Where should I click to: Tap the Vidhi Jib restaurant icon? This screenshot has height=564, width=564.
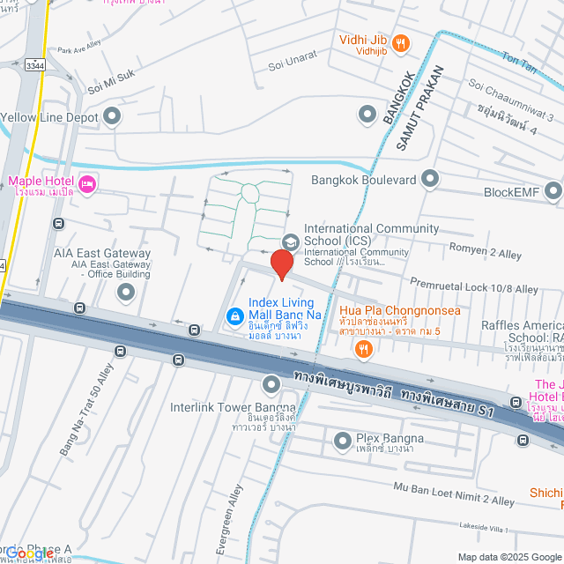pyautogui.click(x=401, y=42)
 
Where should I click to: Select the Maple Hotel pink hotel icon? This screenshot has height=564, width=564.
pyautogui.click(x=87, y=183)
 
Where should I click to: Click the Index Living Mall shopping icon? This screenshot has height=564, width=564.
pyautogui.click(x=234, y=315)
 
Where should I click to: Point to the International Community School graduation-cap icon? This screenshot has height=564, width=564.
pyautogui.click(x=290, y=241)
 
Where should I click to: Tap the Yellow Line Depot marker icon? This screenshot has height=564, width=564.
pyautogui.click(x=112, y=115)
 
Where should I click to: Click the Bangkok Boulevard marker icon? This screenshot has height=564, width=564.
pyautogui.click(x=429, y=180)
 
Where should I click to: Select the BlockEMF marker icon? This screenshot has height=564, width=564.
pyautogui.click(x=553, y=190)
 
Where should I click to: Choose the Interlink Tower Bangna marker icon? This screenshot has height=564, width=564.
pyautogui.click(x=271, y=384)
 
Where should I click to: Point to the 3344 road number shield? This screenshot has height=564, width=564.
pyautogui.click(x=35, y=65)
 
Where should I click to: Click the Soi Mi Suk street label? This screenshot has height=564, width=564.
pyautogui.click(x=112, y=82)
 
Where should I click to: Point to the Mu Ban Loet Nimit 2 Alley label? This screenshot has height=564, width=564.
pyautogui.click(x=455, y=493)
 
